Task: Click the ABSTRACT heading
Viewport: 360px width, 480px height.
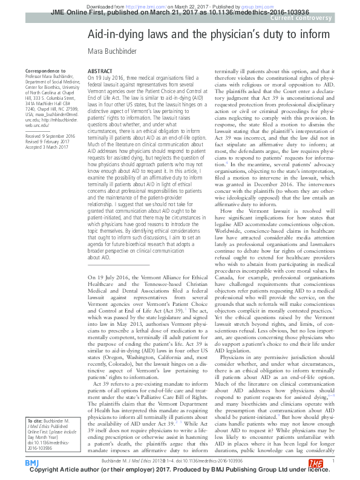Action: coord(100,71)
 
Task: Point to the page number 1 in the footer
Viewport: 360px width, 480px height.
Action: coord(333,460)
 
